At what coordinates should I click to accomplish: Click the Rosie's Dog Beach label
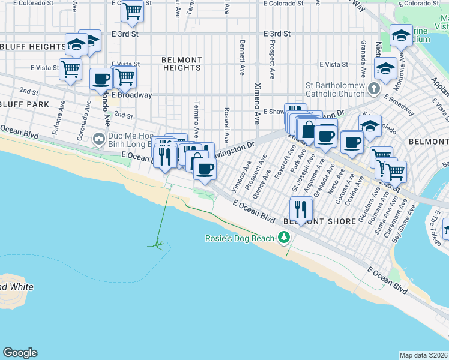click(240, 238)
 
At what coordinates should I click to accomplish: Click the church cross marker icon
click(374, 89)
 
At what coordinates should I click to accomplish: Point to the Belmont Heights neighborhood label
click(181, 64)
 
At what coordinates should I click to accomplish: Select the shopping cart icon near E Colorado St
click(132, 10)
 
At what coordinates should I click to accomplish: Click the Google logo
click(20, 353)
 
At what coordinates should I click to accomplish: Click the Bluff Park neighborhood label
click(25, 104)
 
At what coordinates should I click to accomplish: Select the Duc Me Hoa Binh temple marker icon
click(99, 140)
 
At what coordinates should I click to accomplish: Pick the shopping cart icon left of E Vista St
click(71, 68)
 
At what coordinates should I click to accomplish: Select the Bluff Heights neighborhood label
click(33, 46)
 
